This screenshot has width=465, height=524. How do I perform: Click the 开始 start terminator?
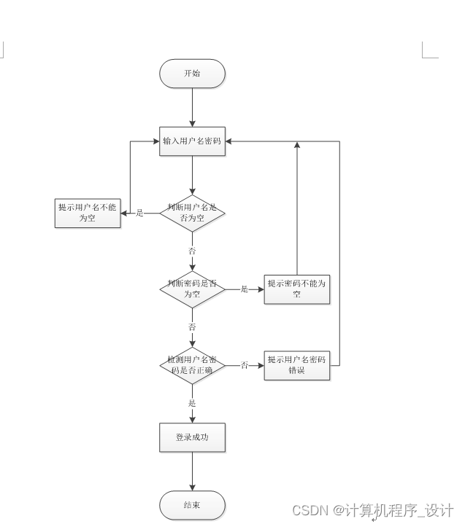pyautogui.click(x=192, y=74)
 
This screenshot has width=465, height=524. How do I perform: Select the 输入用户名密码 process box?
pyautogui.click(x=192, y=141)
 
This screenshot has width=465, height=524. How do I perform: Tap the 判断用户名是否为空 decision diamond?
pyautogui.click(x=192, y=213)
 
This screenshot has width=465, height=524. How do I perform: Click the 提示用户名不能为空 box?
pyautogui.click(x=88, y=213)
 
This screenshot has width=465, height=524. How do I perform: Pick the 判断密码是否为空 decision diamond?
pyautogui.click(x=192, y=289)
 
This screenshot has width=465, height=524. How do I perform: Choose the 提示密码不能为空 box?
pyautogui.click(x=297, y=289)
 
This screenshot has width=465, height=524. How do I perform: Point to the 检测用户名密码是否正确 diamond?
pyautogui.click(x=192, y=365)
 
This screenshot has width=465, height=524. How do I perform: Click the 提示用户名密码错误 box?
pyautogui.click(x=297, y=365)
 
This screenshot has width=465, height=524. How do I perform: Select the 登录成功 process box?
pyautogui.click(x=192, y=437)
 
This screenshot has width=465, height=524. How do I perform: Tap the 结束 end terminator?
pyautogui.click(x=192, y=505)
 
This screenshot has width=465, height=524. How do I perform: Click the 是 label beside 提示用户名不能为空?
pyautogui.click(x=139, y=213)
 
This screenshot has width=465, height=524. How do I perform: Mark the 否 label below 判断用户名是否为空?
pyautogui.click(x=192, y=251)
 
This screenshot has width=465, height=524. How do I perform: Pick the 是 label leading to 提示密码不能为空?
pyautogui.click(x=245, y=289)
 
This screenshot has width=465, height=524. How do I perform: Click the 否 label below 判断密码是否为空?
pyautogui.click(x=192, y=327)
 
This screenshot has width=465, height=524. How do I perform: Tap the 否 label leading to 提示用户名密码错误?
pyautogui.click(x=245, y=365)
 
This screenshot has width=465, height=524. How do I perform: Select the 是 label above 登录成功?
pyautogui.click(x=192, y=403)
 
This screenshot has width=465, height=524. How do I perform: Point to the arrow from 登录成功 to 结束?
pyautogui.click(x=192, y=472)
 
